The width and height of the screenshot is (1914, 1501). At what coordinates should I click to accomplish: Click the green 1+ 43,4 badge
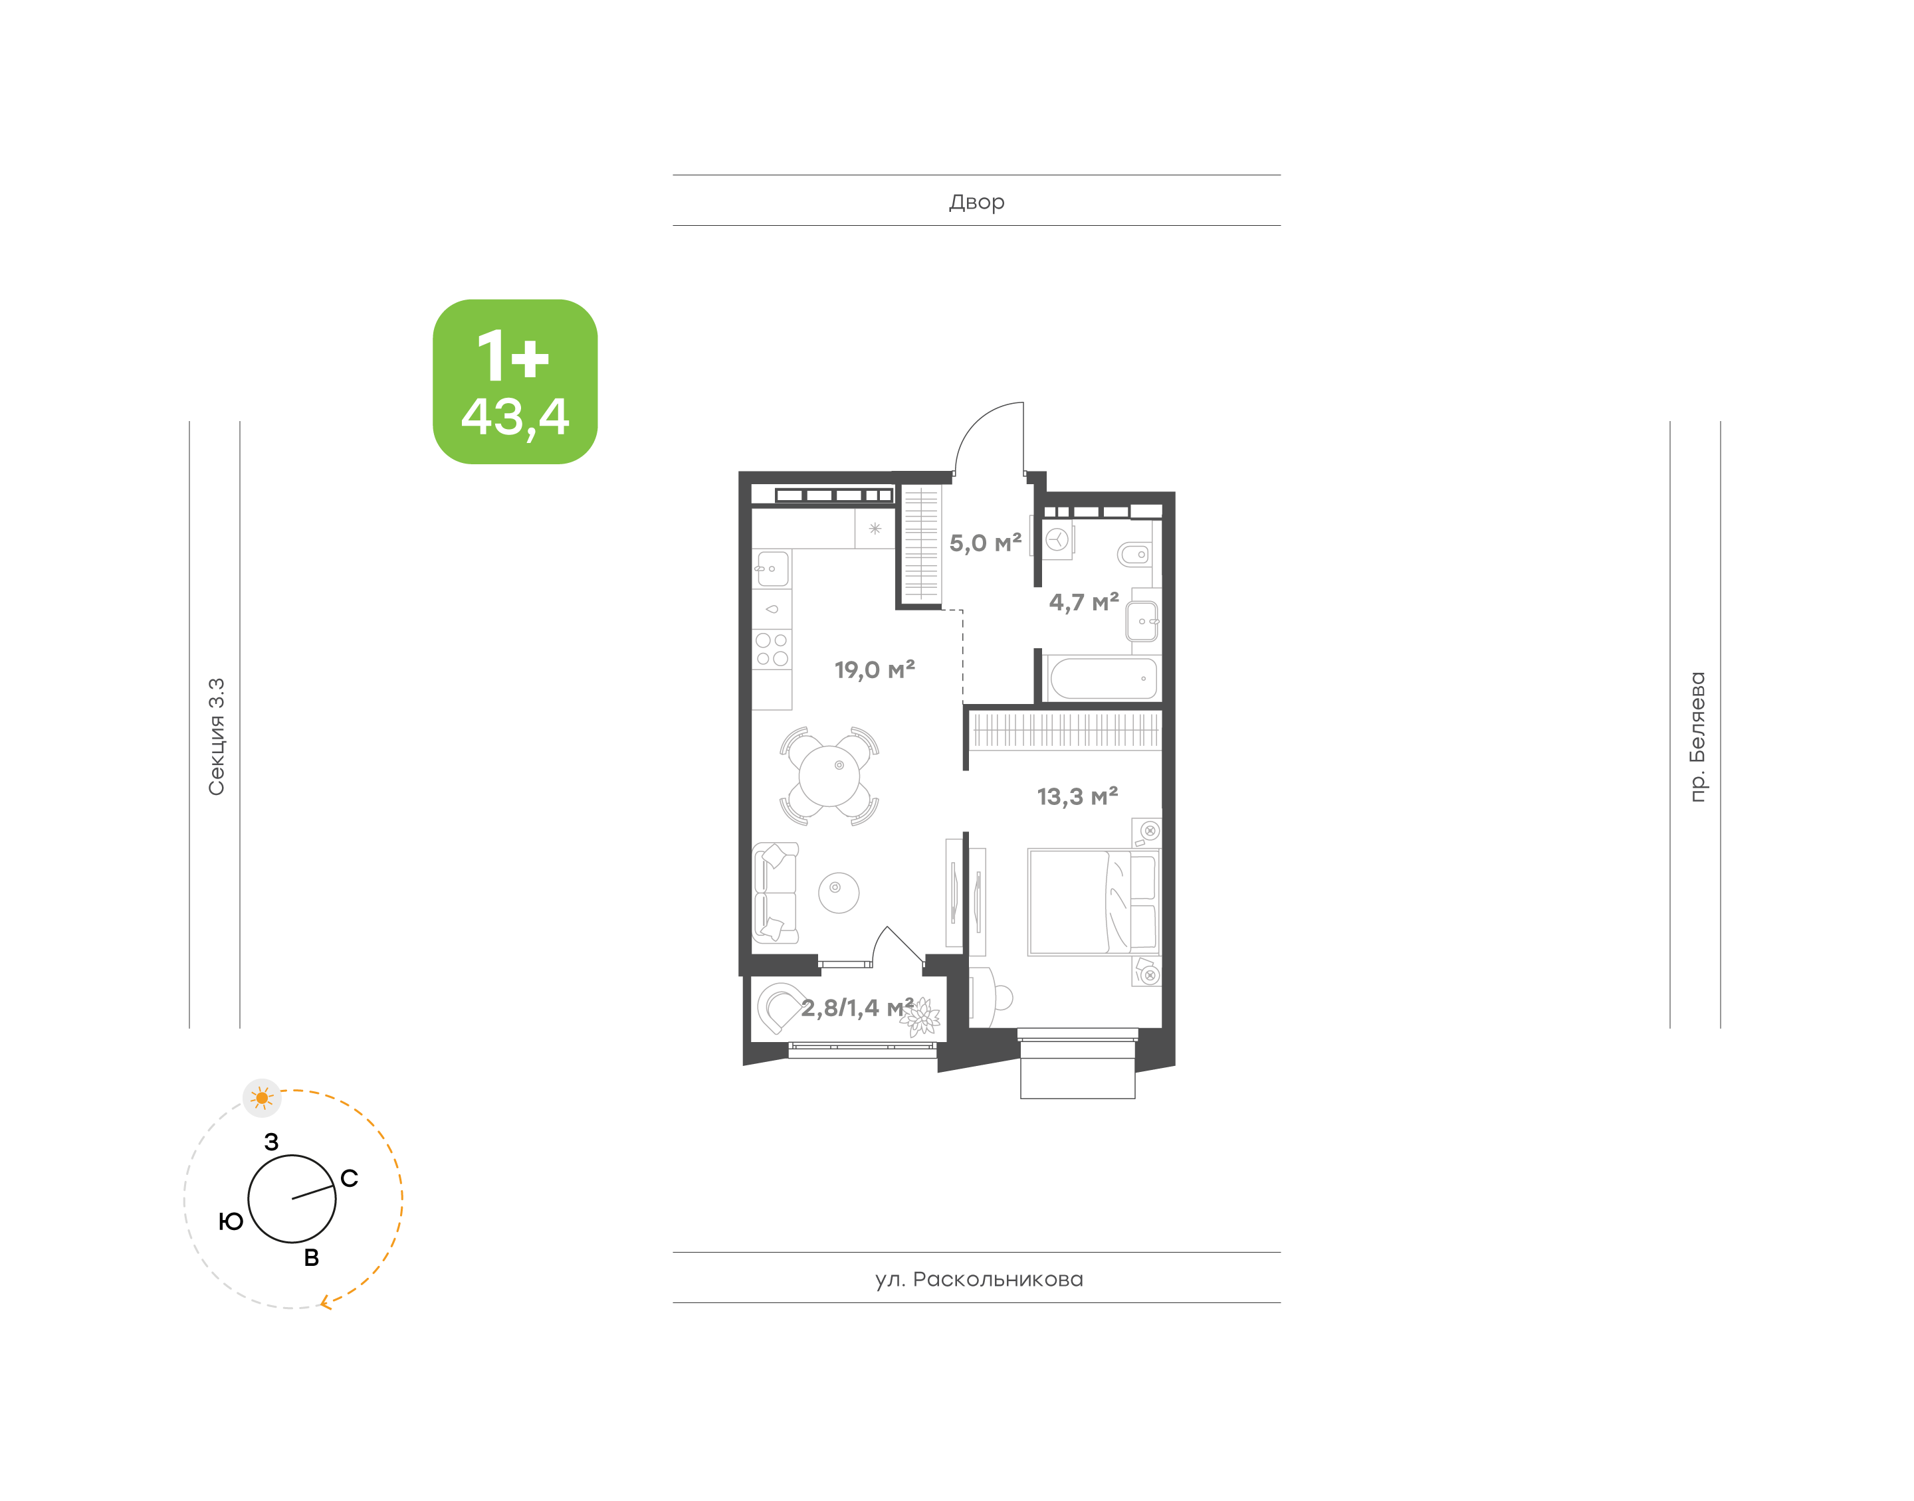(514, 381)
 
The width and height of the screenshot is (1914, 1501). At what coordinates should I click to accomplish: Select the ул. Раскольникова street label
(978, 1279)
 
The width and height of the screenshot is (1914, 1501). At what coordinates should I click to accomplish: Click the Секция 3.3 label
(216, 737)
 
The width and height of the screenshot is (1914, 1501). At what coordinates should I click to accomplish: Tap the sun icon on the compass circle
(262, 1098)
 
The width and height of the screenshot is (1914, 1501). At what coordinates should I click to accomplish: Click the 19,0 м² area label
(874, 669)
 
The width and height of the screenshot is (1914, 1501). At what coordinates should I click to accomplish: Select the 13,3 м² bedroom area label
(1077, 796)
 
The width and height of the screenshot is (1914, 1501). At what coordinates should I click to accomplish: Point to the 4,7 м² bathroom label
(1083, 602)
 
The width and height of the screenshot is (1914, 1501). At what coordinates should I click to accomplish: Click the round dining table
(829, 775)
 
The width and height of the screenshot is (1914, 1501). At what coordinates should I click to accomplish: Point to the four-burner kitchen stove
(772, 650)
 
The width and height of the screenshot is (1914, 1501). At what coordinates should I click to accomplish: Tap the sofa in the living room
(774, 893)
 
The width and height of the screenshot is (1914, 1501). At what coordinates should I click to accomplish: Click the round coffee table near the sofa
(839, 893)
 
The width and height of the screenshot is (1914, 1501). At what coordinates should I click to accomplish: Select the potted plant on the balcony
(920, 1017)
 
